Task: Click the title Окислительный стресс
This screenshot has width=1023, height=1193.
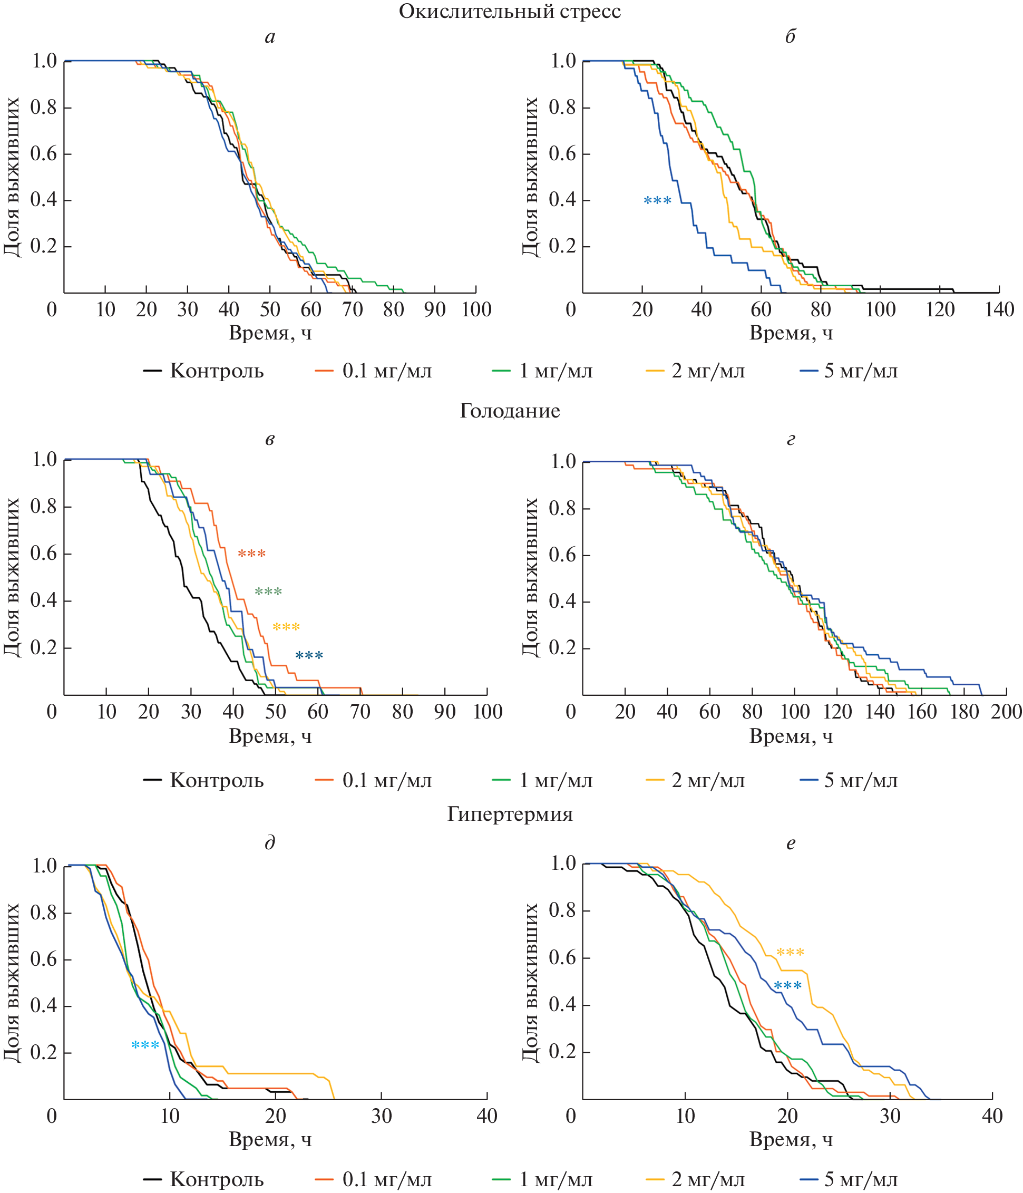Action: click(x=510, y=12)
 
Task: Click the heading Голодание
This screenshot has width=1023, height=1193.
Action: click(x=510, y=411)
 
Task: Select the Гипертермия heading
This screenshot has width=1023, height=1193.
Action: click(x=510, y=814)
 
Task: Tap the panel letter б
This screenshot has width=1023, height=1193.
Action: click(x=791, y=37)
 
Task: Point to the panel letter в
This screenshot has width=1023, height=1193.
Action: click(x=269, y=439)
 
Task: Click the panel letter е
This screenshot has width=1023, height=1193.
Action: click(x=791, y=843)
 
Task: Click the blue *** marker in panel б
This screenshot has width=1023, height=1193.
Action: click(x=657, y=201)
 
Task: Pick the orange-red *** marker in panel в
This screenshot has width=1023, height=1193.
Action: click(x=251, y=554)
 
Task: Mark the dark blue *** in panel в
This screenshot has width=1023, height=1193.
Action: click(x=309, y=656)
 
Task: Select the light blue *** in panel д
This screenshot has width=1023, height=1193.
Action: click(x=145, y=1045)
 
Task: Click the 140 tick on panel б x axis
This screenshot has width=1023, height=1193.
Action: click(x=999, y=310)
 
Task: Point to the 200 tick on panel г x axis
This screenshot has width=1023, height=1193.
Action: click(x=1006, y=712)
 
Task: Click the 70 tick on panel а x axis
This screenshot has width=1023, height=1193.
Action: click(x=352, y=310)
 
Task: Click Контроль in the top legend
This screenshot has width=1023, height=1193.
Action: click(x=217, y=371)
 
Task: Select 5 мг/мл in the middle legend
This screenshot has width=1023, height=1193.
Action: click(x=861, y=781)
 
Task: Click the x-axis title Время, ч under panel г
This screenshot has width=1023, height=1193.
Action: click(x=791, y=736)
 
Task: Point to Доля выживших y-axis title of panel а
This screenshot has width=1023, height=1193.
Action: click(x=12, y=177)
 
